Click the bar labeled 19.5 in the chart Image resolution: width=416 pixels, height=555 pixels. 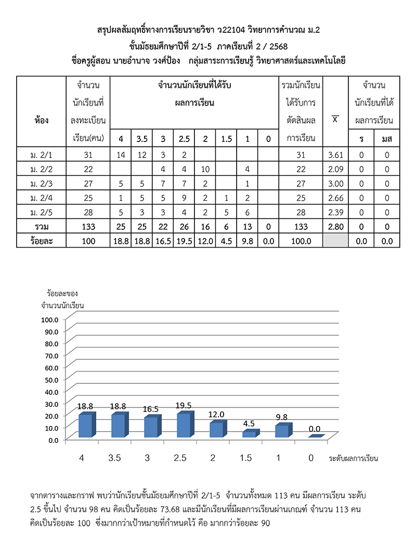pyautogui.click(x=183, y=425)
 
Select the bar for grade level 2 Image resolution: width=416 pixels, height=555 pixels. pyautogui.click(x=216, y=430)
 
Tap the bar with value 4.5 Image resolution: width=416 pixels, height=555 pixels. pyautogui.click(x=249, y=434)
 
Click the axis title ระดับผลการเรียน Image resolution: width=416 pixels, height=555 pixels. pyautogui.click(x=353, y=459)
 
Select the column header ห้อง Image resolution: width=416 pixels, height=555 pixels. pyautogui.click(x=43, y=120)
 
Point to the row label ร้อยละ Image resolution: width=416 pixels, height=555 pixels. pyautogui.click(x=43, y=241)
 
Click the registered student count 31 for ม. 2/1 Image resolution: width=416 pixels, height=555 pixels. pyautogui.click(x=88, y=155)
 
